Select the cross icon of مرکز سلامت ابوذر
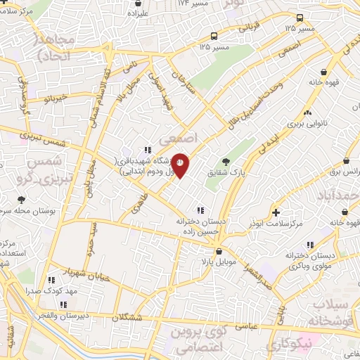click(276, 212)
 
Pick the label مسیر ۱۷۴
click(194, 4)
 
